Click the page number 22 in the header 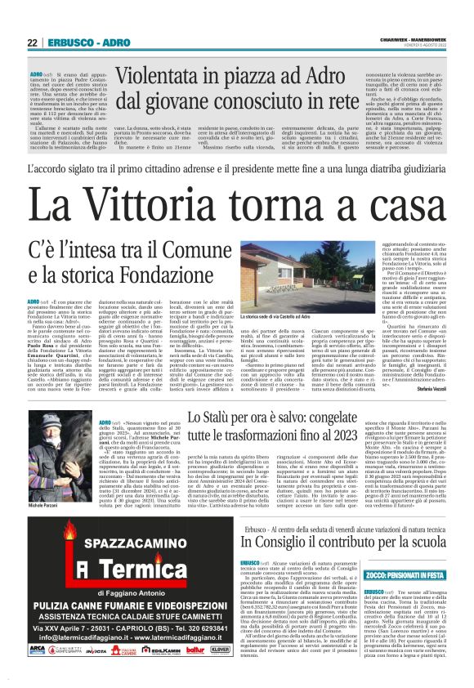[32, 42]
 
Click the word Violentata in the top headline [168, 76]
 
